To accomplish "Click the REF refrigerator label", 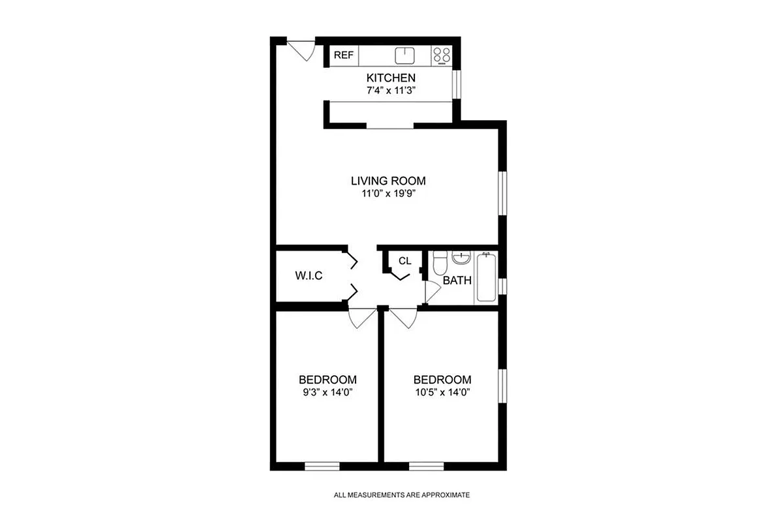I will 343,55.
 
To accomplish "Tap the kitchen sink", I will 405,55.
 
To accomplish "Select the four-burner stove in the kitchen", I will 442,55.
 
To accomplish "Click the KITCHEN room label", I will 391,78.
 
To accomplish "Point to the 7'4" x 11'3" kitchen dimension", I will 391,91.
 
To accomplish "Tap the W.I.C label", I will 309,275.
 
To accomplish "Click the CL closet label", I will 405,261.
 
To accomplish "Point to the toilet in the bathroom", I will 439,262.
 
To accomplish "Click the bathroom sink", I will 461,257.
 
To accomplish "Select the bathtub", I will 485,277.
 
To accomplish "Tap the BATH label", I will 457,281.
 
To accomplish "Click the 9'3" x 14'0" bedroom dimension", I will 328,392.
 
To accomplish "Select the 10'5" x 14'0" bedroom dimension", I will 442,392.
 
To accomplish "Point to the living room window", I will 502,192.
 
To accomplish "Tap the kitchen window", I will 457,83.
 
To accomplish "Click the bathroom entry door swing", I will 431,292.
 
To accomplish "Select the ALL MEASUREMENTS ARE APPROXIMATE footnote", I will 401,495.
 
